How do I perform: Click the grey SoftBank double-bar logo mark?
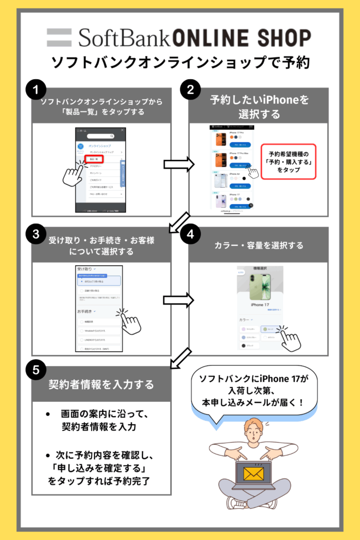[62, 37]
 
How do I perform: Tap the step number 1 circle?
[35, 90]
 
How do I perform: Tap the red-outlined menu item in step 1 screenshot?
[95, 158]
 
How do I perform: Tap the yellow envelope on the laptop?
[253, 474]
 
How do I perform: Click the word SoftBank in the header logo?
[124, 37]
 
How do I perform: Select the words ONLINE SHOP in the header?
[241, 37]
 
